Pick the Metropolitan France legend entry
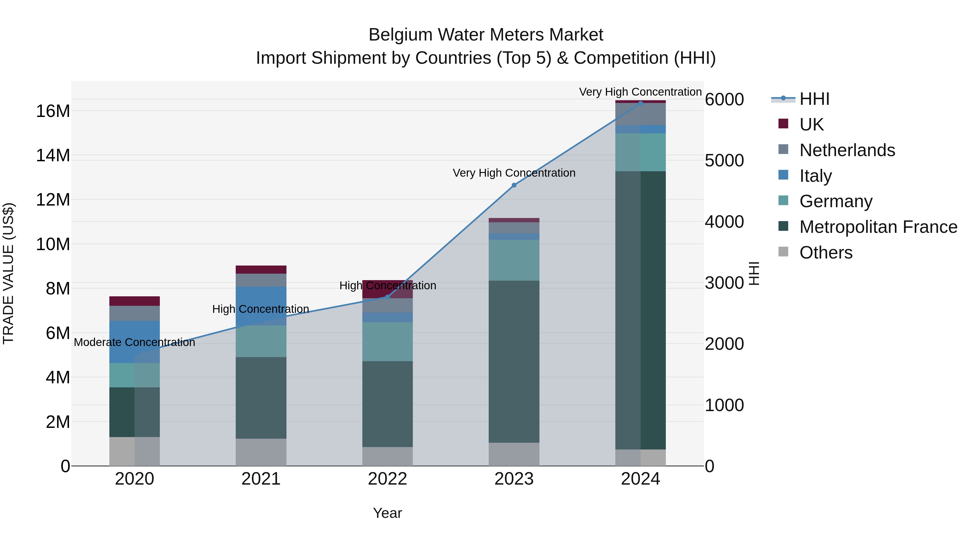878,227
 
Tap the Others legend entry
826,253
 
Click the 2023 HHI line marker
514,185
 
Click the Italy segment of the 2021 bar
261,306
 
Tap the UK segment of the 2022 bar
387,289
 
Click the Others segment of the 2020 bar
134,451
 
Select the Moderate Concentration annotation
134,343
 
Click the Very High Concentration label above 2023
514,173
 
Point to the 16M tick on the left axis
53,111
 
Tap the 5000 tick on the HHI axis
724,160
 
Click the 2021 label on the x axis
261,479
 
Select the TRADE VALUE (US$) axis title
9,273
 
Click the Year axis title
387,513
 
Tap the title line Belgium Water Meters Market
486,35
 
